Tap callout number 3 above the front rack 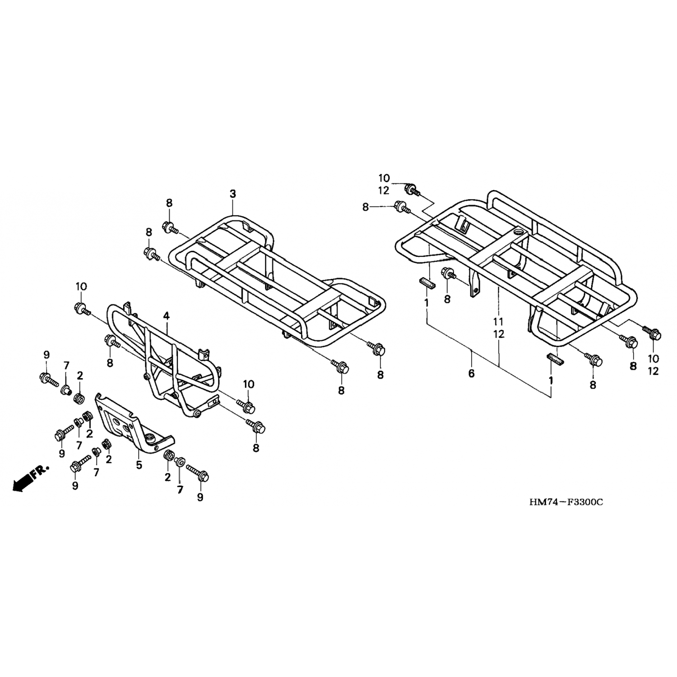click(x=232, y=194)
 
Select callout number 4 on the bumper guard click(x=167, y=316)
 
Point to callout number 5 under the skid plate click(x=139, y=465)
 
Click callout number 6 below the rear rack click(x=472, y=374)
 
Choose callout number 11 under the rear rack click(x=498, y=322)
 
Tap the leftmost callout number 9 click(x=46, y=355)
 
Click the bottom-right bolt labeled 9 click(x=197, y=473)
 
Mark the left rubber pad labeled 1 click(x=427, y=283)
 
